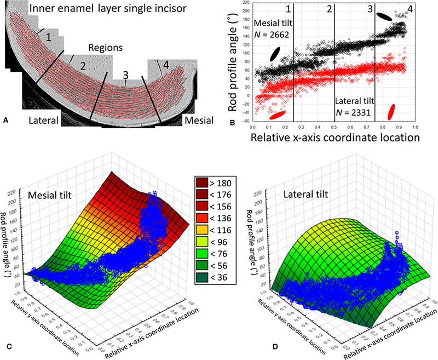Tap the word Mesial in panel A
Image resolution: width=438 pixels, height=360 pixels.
(199, 119)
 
